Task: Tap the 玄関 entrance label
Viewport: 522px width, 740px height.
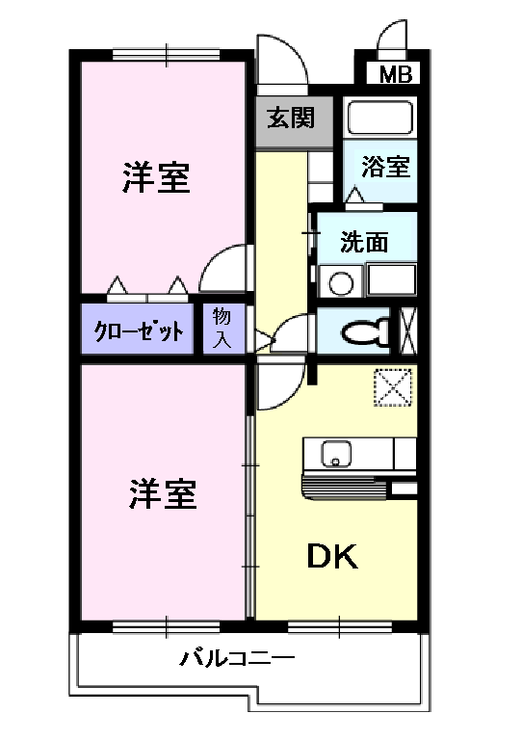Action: click(291, 119)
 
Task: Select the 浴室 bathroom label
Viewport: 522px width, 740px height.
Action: click(386, 167)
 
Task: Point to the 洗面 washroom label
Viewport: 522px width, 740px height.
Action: click(365, 242)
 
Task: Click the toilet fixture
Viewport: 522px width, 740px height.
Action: click(366, 331)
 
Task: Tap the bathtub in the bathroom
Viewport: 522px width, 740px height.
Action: click(379, 119)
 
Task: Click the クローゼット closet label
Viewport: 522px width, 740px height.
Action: click(139, 332)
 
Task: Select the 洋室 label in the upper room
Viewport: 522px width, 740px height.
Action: click(156, 177)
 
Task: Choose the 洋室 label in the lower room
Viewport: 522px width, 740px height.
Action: click(164, 494)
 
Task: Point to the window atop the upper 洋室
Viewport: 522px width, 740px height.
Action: click(165, 53)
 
